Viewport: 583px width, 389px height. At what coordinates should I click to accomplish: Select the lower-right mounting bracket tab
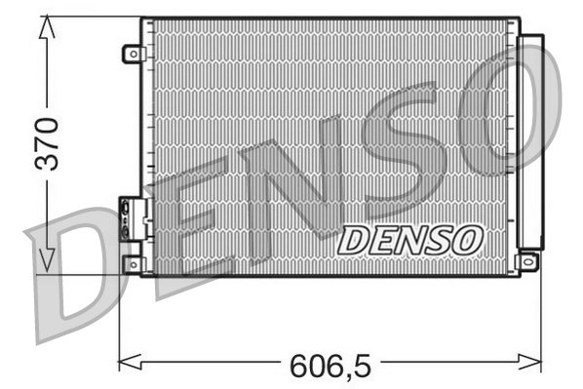point(528,260)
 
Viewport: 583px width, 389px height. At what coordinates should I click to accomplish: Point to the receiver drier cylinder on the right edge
point(531,141)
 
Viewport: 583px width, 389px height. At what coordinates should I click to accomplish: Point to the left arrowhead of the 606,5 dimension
point(125,364)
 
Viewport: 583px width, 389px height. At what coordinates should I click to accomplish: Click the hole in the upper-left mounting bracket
point(130,55)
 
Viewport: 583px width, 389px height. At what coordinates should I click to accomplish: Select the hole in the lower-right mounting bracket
point(529,260)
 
